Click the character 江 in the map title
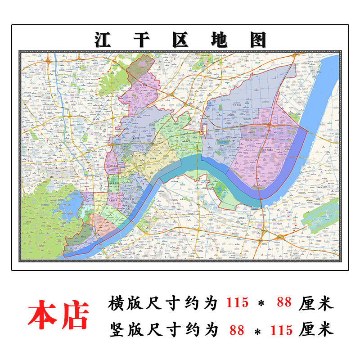[x=103, y=40]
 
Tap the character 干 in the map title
[x=142, y=40]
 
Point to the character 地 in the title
[x=220, y=40]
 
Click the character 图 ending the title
[x=258, y=40]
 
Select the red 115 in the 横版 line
[x=237, y=303]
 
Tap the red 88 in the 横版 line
[x=284, y=303]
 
